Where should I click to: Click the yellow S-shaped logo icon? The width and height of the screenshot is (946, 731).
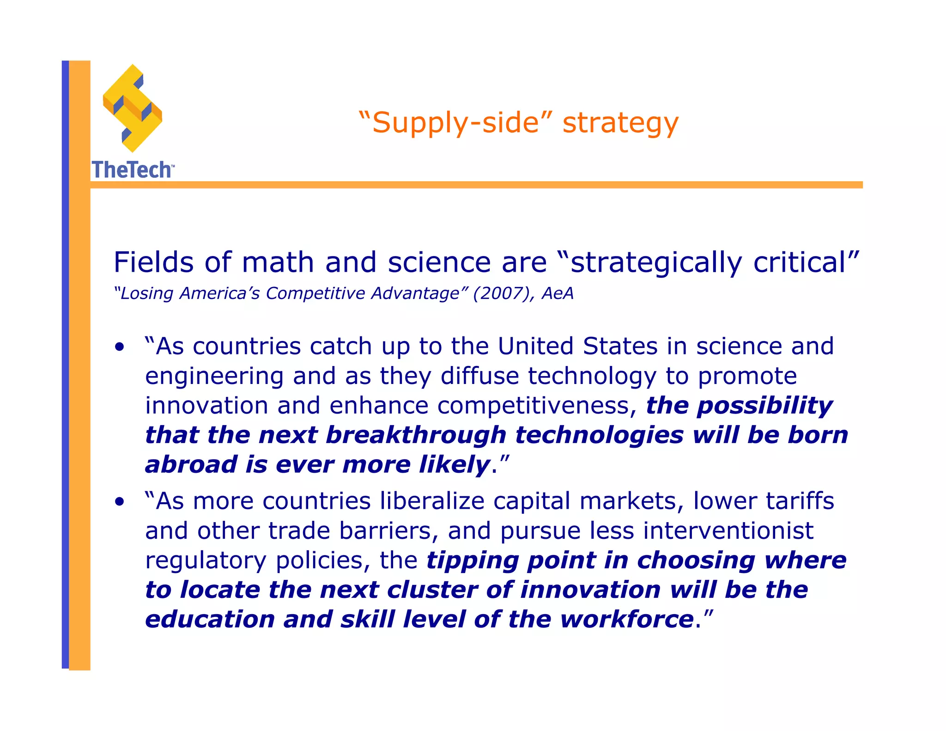tap(133, 109)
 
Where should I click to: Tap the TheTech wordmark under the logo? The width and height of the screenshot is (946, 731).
tap(132, 170)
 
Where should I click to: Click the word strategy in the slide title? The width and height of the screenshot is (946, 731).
tap(620, 123)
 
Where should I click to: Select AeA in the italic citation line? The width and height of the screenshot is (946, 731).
tap(558, 293)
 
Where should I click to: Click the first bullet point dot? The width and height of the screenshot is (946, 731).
tap(120, 347)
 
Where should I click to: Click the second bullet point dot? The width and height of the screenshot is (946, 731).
tap(120, 501)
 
